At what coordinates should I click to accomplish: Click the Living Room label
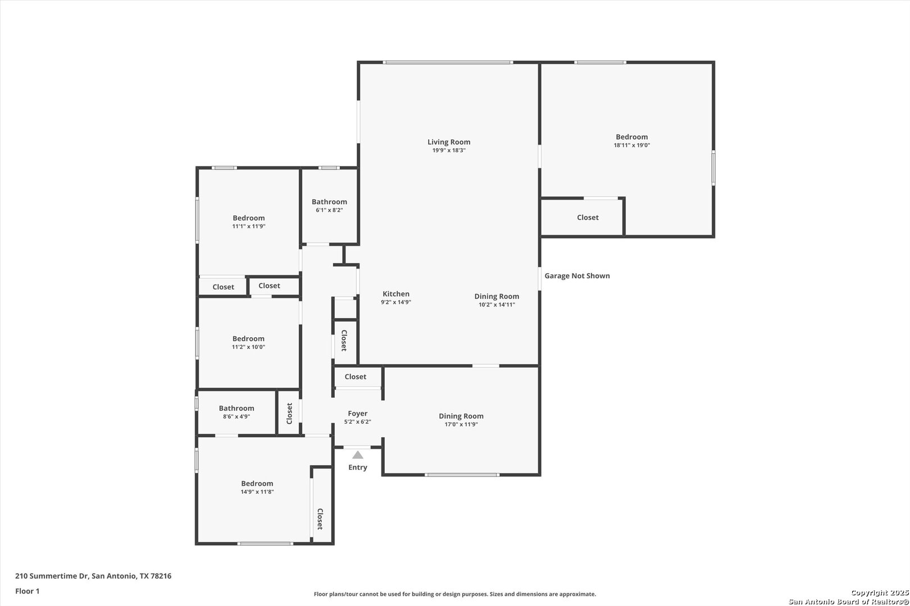[x=449, y=142]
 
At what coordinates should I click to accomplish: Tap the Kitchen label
[x=396, y=294]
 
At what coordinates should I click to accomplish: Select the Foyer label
[x=357, y=414]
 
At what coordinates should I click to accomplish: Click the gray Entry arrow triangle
[x=357, y=455]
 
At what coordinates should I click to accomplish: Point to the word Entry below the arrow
[x=357, y=467]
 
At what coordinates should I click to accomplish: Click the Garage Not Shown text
[x=577, y=276]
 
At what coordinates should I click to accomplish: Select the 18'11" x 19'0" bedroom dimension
[x=632, y=145]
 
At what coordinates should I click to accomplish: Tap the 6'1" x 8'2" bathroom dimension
[x=330, y=210]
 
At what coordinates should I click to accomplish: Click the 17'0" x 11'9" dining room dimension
[x=461, y=425]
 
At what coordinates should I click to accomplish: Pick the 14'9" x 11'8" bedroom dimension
[x=257, y=492]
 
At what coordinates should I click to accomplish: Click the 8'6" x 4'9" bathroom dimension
[x=236, y=417]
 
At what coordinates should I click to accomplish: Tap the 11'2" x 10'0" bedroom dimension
[x=248, y=347]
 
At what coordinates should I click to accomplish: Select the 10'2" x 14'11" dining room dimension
[x=497, y=305]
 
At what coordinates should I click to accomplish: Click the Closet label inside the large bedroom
[x=588, y=218]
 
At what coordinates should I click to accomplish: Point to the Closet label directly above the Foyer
[x=356, y=377]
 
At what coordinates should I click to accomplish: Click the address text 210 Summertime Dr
[x=52, y=576]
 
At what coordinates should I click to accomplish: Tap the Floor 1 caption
[x=27, y=591]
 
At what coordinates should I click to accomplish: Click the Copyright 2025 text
[x=880, y=593]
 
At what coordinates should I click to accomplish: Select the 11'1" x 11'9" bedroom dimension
[x=249, y=227]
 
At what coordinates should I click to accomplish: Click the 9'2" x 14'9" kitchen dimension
[x=396, y=302]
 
